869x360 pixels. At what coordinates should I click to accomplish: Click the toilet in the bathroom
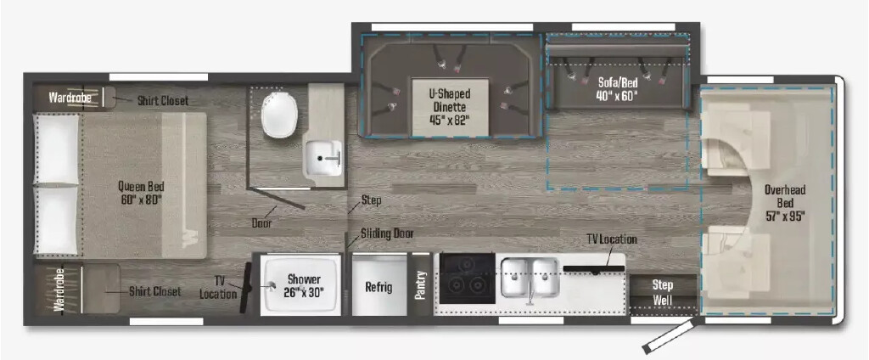tap(279, 114)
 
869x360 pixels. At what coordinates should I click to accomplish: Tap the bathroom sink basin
tap(323, 158)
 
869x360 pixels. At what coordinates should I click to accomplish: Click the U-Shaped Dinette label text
tap(450, 100)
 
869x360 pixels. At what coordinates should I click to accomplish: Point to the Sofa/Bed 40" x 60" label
tap(618, 89)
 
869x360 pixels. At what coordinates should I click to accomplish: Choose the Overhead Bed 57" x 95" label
tap(784, 202)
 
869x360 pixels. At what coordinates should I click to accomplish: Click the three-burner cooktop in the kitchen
tap(468, 278)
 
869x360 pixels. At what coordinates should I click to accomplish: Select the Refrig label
tap(378, 287)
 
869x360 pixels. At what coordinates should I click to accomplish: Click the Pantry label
tap(420, 285)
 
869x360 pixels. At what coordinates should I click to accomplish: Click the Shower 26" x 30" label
tap(304, 285)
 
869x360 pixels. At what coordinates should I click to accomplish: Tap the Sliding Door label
tap(387, 233)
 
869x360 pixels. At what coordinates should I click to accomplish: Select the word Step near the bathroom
tap(371, 200)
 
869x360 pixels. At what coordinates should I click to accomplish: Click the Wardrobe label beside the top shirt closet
tap(70, 98)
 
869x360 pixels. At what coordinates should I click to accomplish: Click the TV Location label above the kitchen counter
tap(612, 239)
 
